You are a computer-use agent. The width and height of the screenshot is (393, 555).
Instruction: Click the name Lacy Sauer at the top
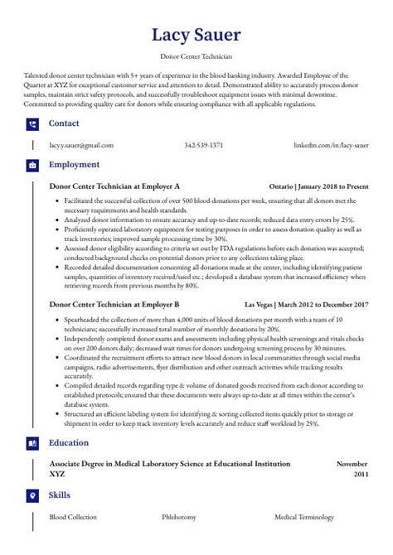pyautogui.click(x=196, y=36)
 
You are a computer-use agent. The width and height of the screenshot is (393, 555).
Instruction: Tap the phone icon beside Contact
pyautogui.click(x=32, y=124)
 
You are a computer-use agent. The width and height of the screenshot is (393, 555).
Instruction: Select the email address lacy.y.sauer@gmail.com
pyautogui.click(x=81, y=145)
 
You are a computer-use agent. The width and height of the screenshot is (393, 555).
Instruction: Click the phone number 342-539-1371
pyautogui.click(x=203, y=145)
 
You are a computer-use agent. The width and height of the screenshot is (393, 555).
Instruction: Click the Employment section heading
pyautogui.click(x=75, y=165)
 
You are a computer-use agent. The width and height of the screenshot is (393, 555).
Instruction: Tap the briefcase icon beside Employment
pyautogui.click(x=32, y=165)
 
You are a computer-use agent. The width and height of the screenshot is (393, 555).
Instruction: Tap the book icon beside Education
pyautogui.click(x=32, y=443)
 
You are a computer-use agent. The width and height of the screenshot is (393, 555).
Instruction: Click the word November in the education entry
pyautogui.click(x=351, y=464)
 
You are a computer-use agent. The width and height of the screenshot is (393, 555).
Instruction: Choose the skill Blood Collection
pyautogui.click(x=74, y=516)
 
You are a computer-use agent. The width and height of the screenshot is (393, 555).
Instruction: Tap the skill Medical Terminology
pyautogui.click(x=305, y=516)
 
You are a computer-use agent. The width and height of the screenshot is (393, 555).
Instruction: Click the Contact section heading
pyautogui.click(x=65, y=124)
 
